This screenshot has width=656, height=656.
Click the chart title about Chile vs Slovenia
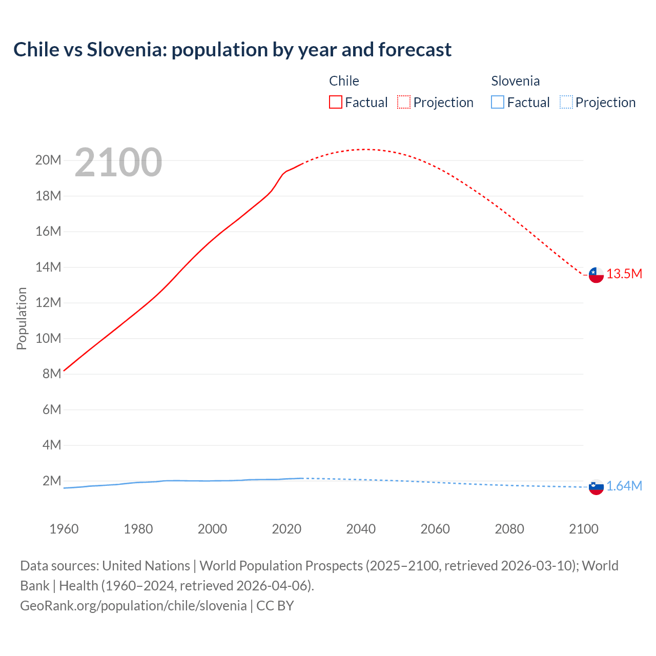pyautogui.click(x=232, y=50)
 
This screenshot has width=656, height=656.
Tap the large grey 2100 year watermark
pyautogui.click(x=118, y=162)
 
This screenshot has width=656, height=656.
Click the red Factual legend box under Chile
pyautogui.click(x=335, y=102)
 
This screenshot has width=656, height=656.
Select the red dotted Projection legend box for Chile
pyautogui.click(x=404, y=102)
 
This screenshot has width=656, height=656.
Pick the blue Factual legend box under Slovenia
pyautogui.click(x=498, y=102)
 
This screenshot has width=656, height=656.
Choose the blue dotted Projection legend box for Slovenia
pyautogui.click(x=566, y=102)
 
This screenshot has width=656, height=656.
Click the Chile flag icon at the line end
pyautogui.click(x=596, y=275)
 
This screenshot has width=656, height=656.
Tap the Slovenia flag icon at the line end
pyautogui.click(x=596, y=487)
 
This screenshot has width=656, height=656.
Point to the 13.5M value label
pyautogui.click(x=624, y=274)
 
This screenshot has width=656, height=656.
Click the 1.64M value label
pyautogui.click(x=624, y=486)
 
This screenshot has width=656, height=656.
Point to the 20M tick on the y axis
pyautogui.click(x=48, y=160)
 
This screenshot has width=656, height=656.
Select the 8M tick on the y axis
pyautogui.click(x=52, y=374)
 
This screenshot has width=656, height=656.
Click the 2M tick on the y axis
pyautogui.click(x=52, y=481)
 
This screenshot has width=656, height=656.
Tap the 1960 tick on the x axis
pyautogui.click(x=64, y=529)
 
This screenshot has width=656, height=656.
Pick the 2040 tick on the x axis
pyautogui.click(x=361, y=529)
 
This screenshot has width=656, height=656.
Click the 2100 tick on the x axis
pyautogui.click(x=583, y=529)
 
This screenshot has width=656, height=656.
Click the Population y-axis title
pyautogui.click(x=22, y=318)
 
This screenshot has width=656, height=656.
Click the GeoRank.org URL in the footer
pyautogui.click(x=133, y=606)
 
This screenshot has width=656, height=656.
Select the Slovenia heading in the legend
pyautogui.click(x=515, y=81)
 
